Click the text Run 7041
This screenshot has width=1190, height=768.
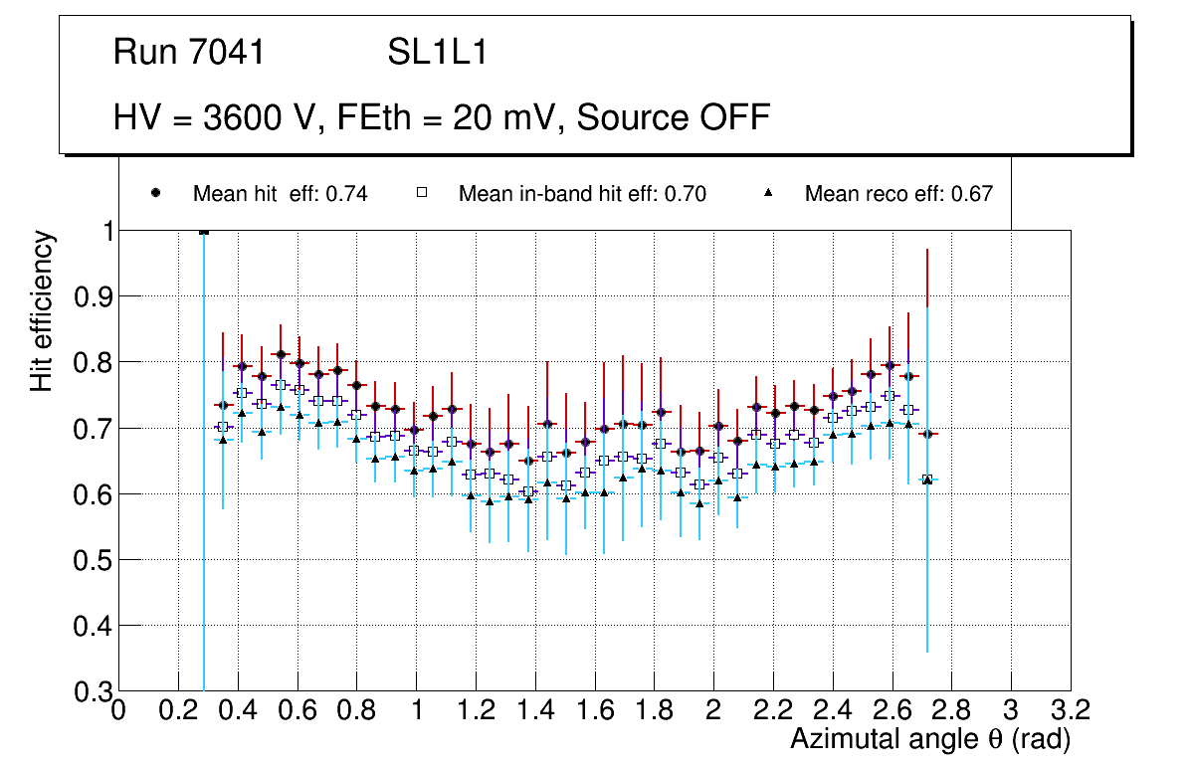click(x=189, y=53)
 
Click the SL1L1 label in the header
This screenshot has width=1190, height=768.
click(x=437, y=53)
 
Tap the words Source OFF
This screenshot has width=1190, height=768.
click(x=674, y=117)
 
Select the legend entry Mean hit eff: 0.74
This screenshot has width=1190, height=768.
click(x=280, y=194)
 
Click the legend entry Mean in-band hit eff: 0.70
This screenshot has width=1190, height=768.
click(x=582, y=194)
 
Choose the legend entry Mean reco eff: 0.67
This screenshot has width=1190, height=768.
click(x=898, y=194)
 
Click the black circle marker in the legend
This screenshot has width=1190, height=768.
click(x=155, y=193)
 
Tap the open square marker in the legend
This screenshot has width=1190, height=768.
click(x=421, y=193)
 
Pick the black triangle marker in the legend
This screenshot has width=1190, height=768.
click(x=769, y=193)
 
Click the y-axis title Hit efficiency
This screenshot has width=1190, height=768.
click(x=42, y=310)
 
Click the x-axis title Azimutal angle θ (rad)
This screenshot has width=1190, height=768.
click(x=930, y=740)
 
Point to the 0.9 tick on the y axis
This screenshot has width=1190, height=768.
click(x=89, y=296)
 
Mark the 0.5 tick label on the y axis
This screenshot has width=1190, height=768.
click(x=89, y=560)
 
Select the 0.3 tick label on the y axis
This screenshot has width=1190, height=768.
click(x=89, y=691)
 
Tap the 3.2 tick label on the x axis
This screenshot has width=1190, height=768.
click(x=1071, y=710)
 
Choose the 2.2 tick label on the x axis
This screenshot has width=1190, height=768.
click(x=773, y=710)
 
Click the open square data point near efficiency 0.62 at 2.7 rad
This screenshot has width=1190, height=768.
click(x=927, y=480)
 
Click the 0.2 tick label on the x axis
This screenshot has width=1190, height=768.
click(x=178, y=710)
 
